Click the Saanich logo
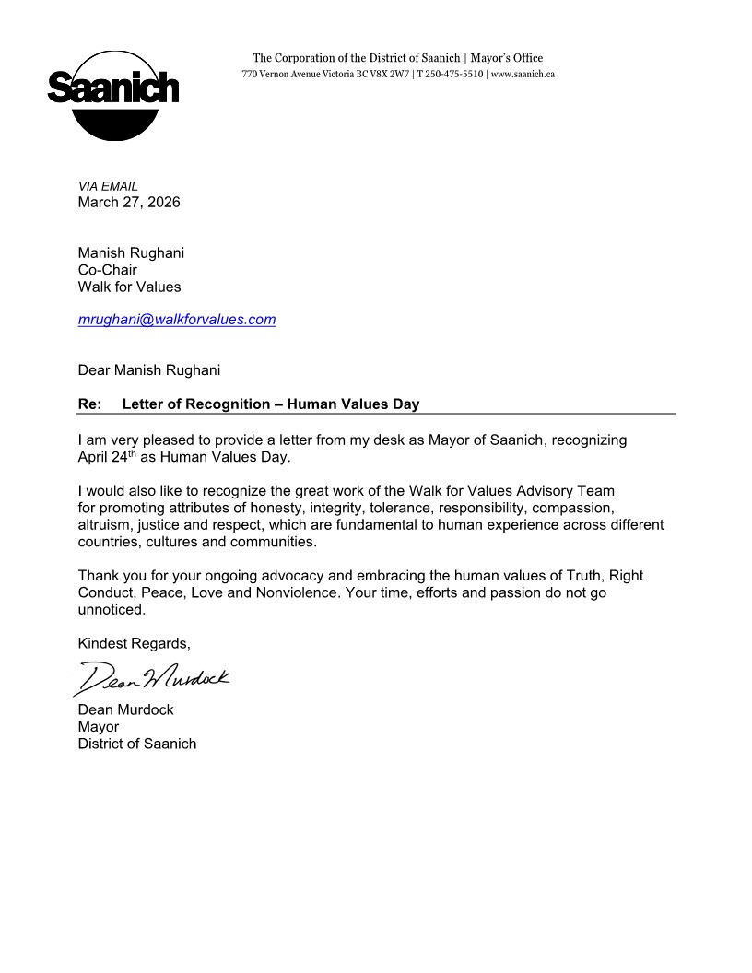point(112,95)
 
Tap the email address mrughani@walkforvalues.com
point(177,320)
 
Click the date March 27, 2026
point(129,202)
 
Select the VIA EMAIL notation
point(108,186)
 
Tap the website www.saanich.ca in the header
point(523,74)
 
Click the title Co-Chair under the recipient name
point(107,270)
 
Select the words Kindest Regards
point(134,642)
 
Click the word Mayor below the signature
point(99,727)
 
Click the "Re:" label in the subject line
point(89,404)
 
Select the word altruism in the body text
point(104,525)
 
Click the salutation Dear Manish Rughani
point(149,370)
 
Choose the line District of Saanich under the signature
point(137,744)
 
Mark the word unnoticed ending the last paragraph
point(112,609)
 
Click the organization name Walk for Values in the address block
point(130,287)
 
